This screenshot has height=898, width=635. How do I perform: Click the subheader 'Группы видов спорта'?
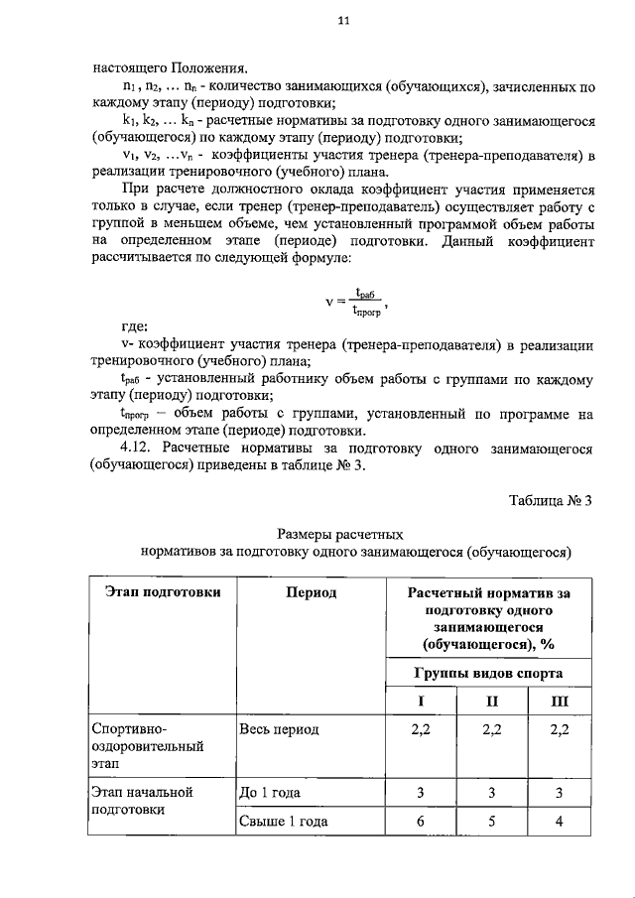pyautogui.click(x=488, y=673)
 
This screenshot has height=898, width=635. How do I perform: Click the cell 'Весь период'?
pyautogui.click(x=280, y=729)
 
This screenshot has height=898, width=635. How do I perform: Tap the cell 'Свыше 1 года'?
pyautogui.click(x=282, y=822)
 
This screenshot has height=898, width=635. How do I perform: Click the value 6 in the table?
pyautogui.click(x=421, y=822)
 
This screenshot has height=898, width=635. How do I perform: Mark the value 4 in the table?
pyautogui.click(x=560, y=822)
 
